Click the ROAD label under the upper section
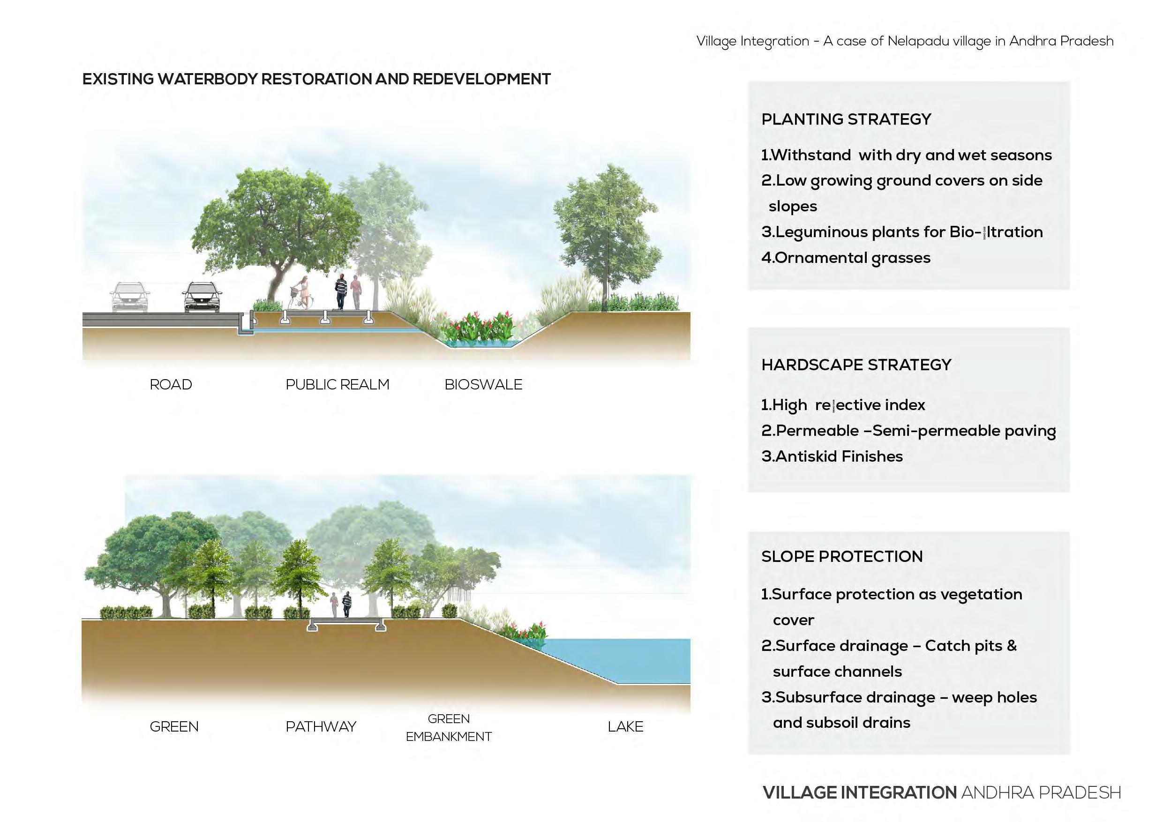tap(171, 384)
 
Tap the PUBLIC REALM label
tap(338, 384)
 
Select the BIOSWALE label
tap(483, 384)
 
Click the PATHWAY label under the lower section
tap(321, 726)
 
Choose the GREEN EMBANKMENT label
tap(448, 727)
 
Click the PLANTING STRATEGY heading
tap(846, 119)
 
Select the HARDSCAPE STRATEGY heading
tap(856, 365)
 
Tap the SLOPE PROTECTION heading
tap(842, 556)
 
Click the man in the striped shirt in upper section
tap(341, 291)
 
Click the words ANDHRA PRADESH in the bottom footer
tap(1041, 792)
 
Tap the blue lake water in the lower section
tap(633, 658)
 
